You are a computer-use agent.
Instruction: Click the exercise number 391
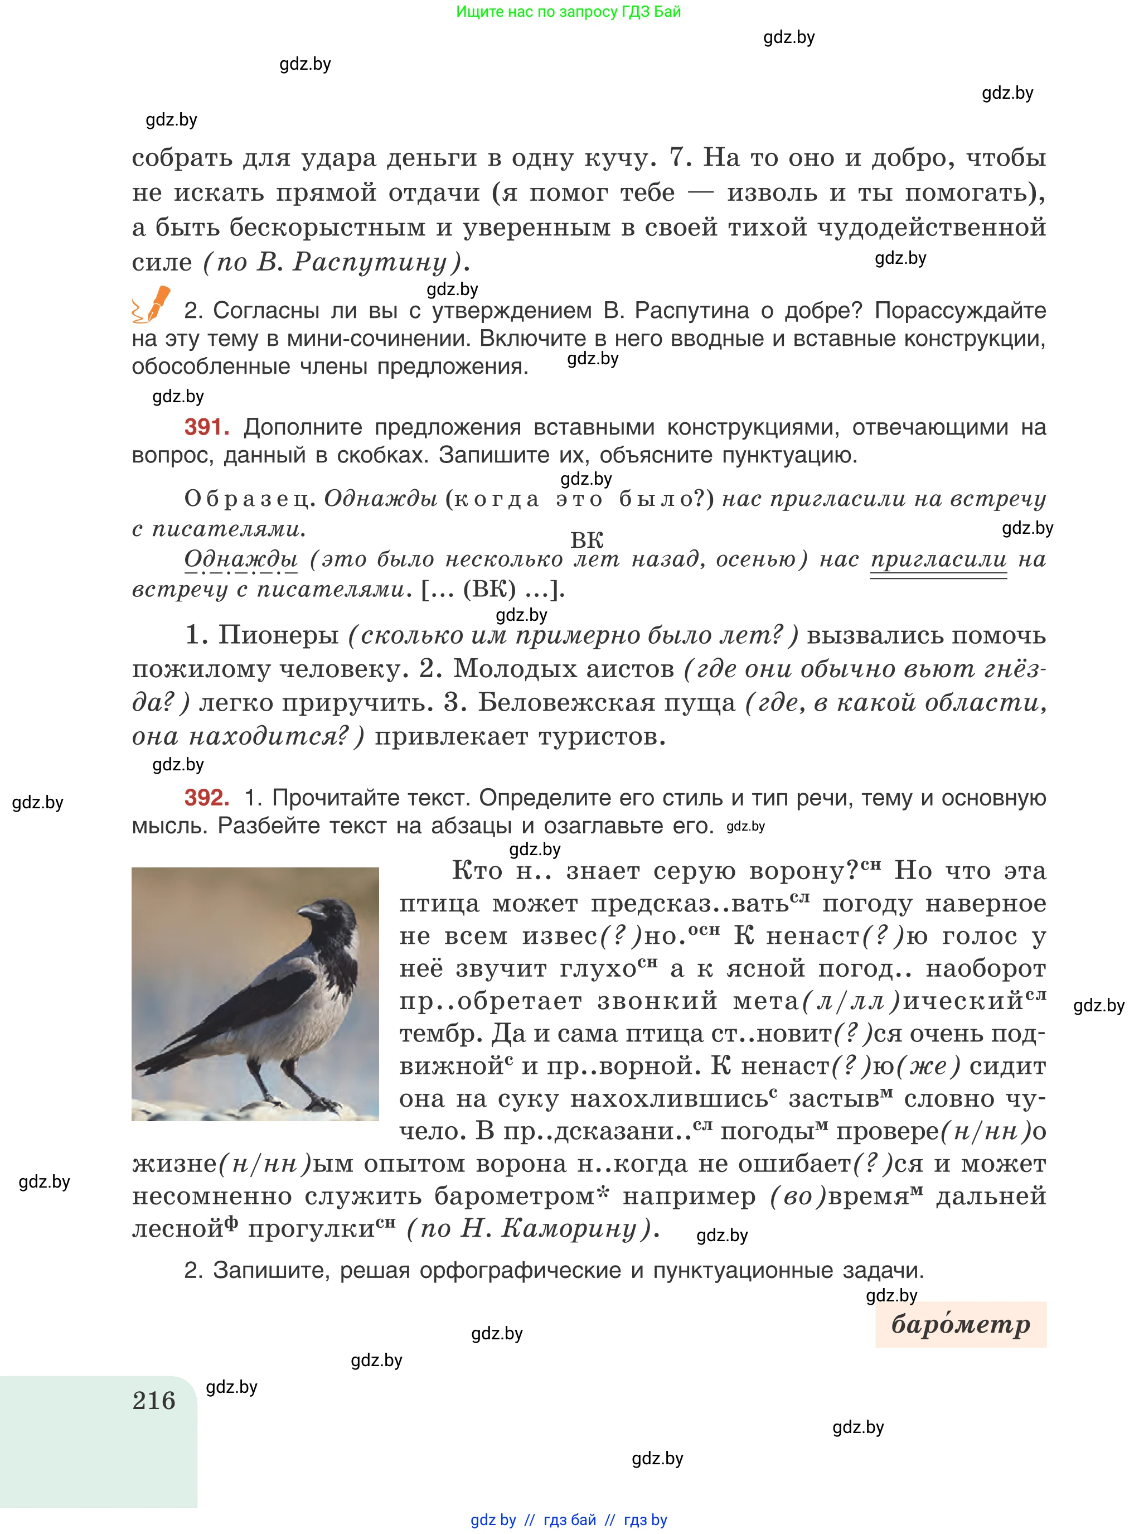pyautogui.click(x=206, y=427)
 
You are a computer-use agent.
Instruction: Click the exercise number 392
pyautogui.click(x=206, y=797)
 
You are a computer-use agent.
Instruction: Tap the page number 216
pyautogui.click(x=154, y=1401)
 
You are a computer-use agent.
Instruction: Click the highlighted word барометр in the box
pyautogui.click(x=961, y=1324)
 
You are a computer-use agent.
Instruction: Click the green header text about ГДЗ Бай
pyautogui.click(x=568, y=12)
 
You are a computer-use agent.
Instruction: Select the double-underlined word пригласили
pyautogui.click(x=938, y=559)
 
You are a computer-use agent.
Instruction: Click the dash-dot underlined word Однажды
pyautogui.click(x=241, y=559)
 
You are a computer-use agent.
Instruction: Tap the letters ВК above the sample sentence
pyautogui.click(x=587, y=540)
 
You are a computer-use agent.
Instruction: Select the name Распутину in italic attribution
pyautogui.click(x=370, y=262)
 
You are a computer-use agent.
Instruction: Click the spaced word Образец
pyautogui.click(x=248, y=498)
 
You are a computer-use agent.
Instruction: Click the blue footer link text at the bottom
pyautogui.click(x=568, y=1519)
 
